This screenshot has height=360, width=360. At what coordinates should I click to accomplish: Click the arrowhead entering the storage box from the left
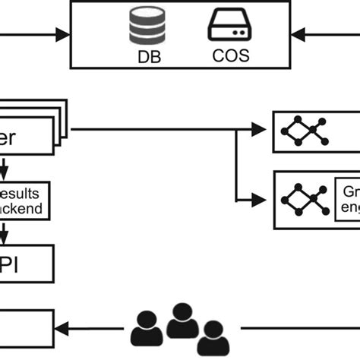pos(62,34)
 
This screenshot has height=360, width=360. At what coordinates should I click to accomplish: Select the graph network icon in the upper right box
pos(303,131)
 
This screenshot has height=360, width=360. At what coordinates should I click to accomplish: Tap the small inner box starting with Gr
pos(347,200)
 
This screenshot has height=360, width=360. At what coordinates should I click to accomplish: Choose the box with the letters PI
pos(26,262)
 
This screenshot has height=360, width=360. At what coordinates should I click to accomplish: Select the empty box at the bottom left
pos(26,327)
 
